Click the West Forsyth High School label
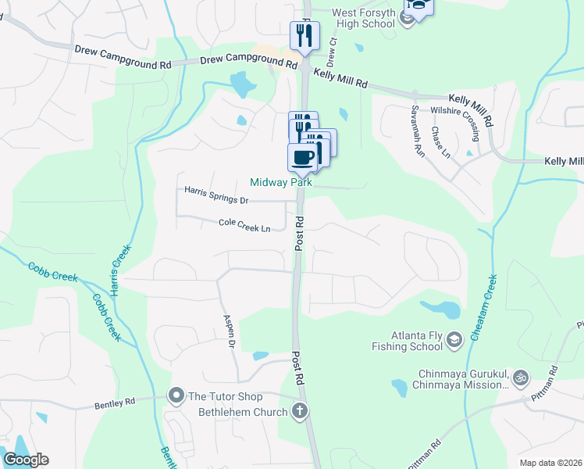coord(363,18)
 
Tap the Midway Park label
coord(281,183)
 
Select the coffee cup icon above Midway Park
coord(303,157)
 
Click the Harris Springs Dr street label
coord(216,195)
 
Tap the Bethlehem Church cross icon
coord(299,411)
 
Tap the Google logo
coord(26,460)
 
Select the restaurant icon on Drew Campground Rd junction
coord(304,35)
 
